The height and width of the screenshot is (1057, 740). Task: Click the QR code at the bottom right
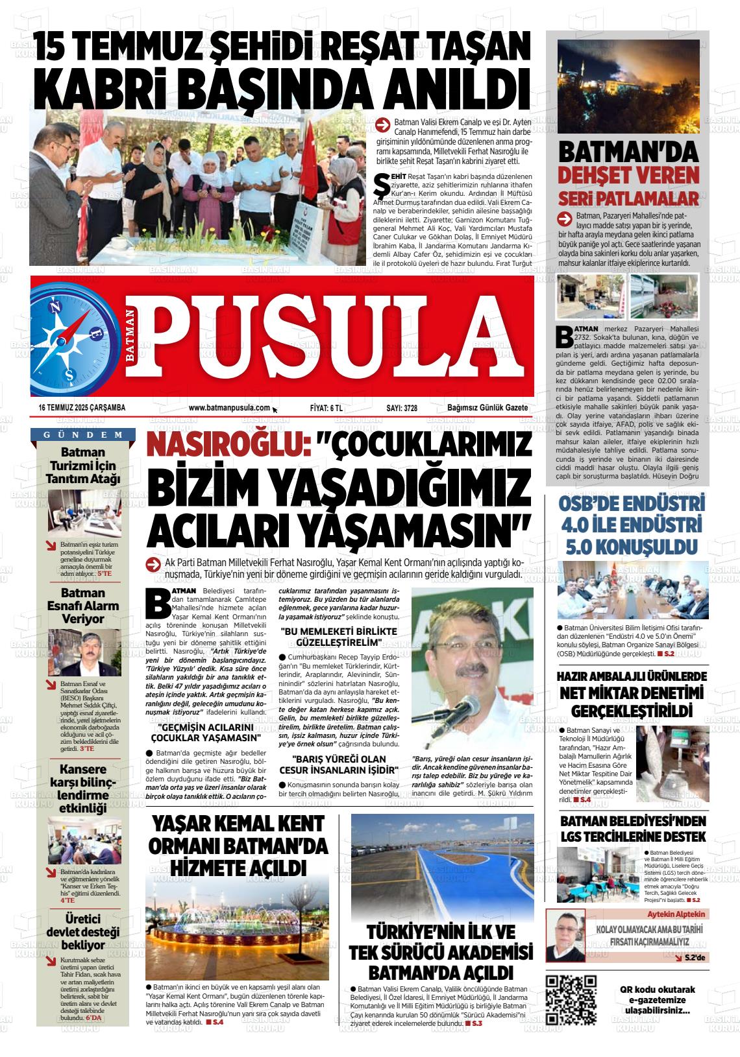pos(571,999)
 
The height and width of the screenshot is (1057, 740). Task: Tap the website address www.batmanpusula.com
pos(229,408)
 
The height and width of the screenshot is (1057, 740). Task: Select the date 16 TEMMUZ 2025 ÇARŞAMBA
pos(82,408)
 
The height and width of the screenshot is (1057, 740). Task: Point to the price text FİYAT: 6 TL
pos(326,408)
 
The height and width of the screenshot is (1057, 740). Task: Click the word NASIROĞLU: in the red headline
pos(224,447)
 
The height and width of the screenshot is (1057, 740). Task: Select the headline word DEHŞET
pos(596,176)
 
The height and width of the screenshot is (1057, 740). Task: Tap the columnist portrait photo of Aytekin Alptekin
pos(565,935)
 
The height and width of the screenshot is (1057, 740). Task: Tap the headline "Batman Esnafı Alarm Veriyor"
pos(83,606)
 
